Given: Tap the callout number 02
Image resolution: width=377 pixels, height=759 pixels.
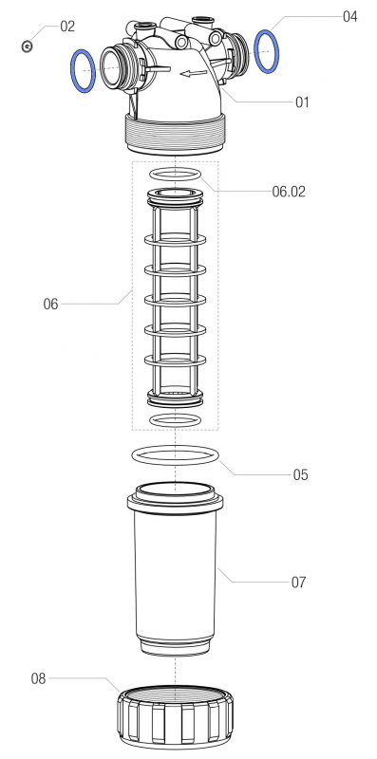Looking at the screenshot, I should (66, 27).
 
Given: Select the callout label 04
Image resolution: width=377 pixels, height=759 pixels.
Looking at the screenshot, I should (349, 16).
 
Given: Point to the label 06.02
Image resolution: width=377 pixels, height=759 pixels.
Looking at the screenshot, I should (289, 191).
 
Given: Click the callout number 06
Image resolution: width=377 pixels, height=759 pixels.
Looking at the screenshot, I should (51, 304).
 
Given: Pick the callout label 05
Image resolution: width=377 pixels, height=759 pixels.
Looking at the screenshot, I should (300, 474).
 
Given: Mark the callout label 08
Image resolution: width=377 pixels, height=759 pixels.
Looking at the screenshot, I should (39, 678).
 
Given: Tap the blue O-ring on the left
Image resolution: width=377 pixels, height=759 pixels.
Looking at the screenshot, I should (84, 71).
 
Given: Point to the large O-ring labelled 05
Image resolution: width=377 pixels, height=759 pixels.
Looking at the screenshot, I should (177, 456).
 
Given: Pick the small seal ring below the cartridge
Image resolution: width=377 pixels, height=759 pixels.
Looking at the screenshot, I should (176, 418).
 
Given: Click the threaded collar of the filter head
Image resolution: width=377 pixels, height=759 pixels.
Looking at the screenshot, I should (177, 134).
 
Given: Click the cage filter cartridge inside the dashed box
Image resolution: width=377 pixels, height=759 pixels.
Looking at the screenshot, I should (176, 294).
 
